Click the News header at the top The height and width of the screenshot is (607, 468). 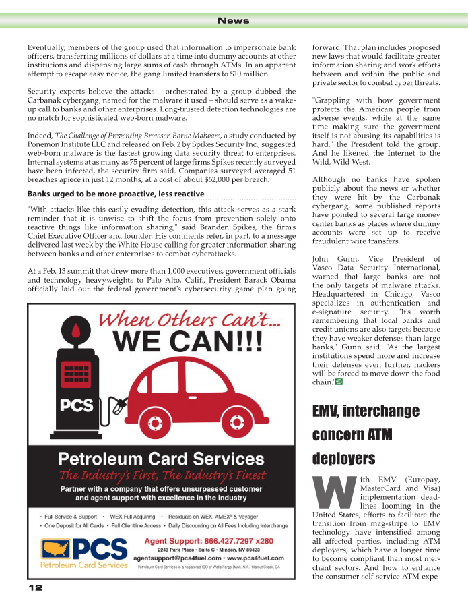234,21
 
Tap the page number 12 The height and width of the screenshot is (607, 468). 35,588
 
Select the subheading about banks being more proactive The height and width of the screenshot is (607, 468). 116,194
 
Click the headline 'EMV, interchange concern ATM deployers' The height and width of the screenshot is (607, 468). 366,434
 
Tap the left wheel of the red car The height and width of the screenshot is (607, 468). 155,424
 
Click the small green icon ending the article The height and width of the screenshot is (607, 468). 338,382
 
